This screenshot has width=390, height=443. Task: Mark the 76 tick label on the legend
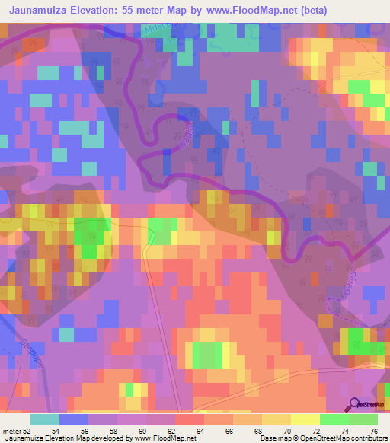[373, 430]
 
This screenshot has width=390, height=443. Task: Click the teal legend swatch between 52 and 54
[46, 419]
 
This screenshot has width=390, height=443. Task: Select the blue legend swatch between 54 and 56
[75, 419]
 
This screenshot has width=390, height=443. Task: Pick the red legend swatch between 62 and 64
[190, 419]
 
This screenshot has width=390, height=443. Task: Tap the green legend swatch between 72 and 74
[335, 419]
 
